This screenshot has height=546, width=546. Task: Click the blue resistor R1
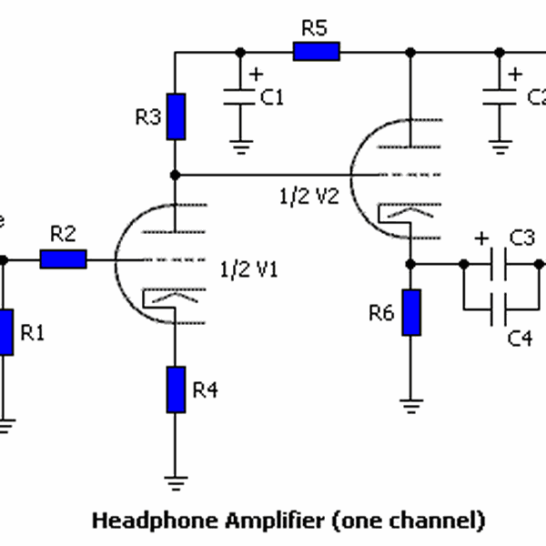tap(5, 332)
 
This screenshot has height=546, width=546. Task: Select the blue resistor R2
tap(64, 259)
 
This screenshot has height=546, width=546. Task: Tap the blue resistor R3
tap(176, 116)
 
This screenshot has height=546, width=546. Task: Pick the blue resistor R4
tap(176, 389)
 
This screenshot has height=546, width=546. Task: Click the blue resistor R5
tap(316, 52)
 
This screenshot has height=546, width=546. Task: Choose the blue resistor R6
tap(411, 312)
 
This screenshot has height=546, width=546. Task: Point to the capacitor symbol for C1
tap(240, 96)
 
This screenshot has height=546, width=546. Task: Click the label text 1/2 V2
tap(309, 196)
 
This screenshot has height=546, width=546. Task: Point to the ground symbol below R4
tap(176, 480)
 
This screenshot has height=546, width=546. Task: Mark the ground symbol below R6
tap(411, 404)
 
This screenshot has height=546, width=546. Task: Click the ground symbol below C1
tap(240, 143)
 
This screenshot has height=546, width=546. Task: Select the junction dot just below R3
tap(176, 173)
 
